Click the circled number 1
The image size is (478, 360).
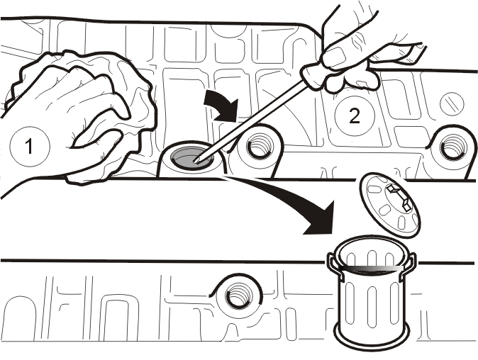pos(30,146)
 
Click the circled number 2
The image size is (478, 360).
pos(354,116)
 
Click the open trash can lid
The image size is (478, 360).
pos(390,206)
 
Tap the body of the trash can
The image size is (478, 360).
pos(372,301)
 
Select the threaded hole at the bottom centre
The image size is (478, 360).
pos(239,294)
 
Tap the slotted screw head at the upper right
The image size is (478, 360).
pos(452,103)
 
